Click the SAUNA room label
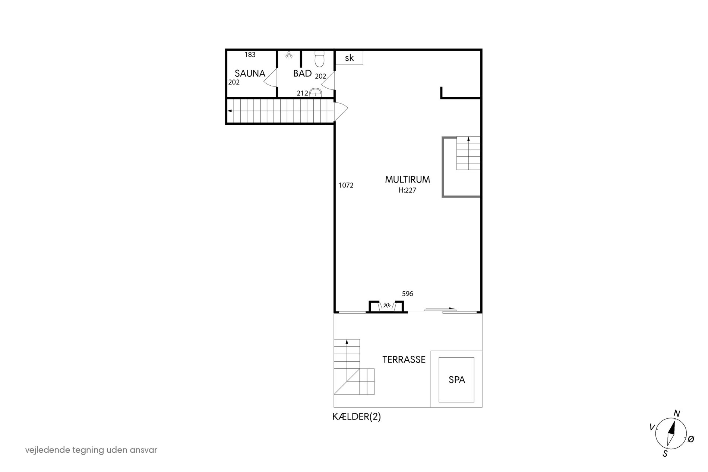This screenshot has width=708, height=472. click(250, 73)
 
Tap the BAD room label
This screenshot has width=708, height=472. click(302, 73)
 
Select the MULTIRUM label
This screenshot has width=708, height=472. click(407, 180)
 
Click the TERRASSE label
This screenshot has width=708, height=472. click(404, 359)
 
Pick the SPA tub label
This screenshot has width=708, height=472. click(457, 380)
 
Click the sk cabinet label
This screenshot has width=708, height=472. click(349, 58)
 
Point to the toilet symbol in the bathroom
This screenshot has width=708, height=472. click(320, 59)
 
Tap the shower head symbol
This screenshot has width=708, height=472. click(289, 56)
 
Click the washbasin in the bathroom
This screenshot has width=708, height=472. click(316, 92)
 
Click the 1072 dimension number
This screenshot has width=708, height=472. click(346, 185)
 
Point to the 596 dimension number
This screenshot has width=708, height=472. click(408, 294)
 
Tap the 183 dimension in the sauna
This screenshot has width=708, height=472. click(250, 55)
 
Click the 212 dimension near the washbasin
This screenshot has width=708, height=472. click(303, 93)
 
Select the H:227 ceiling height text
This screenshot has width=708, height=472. click(407, 190)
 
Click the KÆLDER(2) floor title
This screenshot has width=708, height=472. click(357, 417)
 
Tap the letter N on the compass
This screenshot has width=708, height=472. click(677, 413)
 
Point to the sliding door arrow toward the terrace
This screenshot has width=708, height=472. click(440, 308)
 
